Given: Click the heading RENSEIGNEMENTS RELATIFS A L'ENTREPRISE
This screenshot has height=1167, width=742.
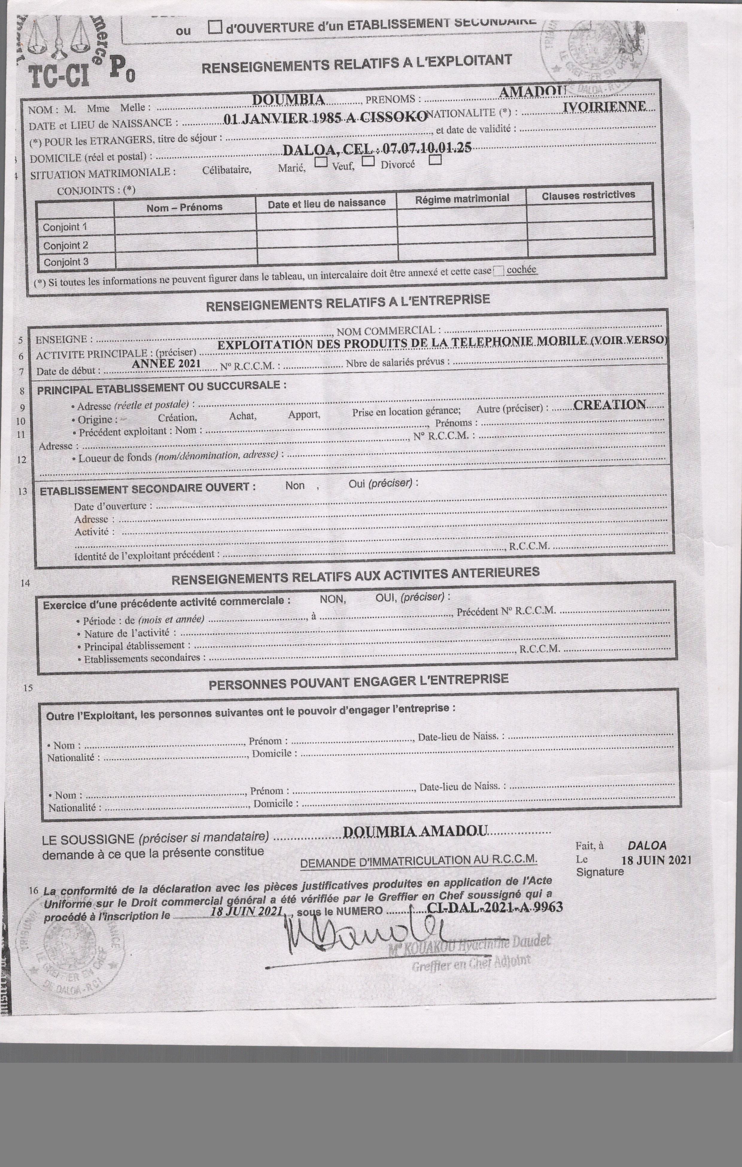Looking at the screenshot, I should point(348,303).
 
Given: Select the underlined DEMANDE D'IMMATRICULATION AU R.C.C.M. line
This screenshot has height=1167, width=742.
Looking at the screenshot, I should point(419,861).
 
